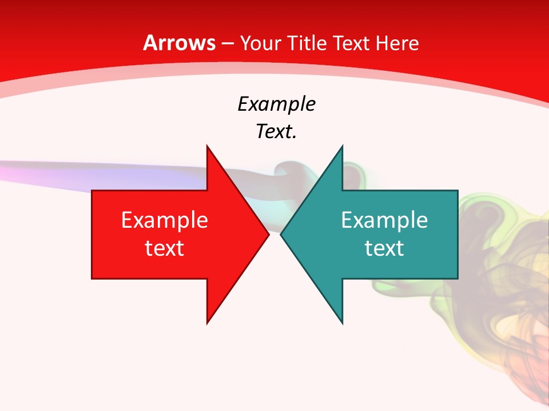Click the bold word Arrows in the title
click(x=179, y=43)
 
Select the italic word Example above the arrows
click(x=276, y=104)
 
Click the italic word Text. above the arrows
click(x=276, y=132)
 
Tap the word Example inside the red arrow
click(x=165, y=220)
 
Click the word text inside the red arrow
click(x=165, y=248)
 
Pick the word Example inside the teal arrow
click(x=384, y=220)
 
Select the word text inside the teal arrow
click(x=384, y=248)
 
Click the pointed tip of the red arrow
click(x=269, y=235)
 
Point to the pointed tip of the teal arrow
click(x=281, y=235)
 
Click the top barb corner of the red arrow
click(x=207, y=146)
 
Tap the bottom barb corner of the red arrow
click(x=207, y=324)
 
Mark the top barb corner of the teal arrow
click(x=343, y=146)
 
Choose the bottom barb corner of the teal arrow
click(x=343, y=324)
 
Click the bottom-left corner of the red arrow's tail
click(x=92, y=279)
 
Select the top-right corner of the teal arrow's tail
click(x=457, y=191)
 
